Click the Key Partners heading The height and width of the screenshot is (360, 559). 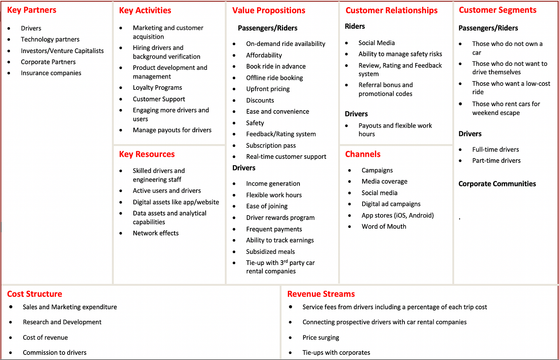32,10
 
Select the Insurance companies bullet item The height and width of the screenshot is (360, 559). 51,73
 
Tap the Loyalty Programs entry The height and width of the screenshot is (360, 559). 157,88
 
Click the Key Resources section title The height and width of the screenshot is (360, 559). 147,154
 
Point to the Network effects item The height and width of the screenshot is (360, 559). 156,233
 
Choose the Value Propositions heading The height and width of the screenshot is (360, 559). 269,10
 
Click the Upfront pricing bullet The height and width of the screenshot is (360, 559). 268,89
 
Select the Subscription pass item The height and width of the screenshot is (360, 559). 271,146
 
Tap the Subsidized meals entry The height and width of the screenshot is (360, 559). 270,252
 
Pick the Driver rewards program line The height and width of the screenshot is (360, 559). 280,218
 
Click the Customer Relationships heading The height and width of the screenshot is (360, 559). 391,10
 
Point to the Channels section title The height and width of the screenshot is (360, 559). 363,154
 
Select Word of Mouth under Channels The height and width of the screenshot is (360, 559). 384,227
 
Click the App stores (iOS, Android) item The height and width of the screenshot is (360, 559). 397,216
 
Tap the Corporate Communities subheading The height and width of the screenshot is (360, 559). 497,184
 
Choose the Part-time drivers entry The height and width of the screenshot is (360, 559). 496,161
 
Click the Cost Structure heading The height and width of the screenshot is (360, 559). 35,294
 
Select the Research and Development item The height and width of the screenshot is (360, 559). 62,322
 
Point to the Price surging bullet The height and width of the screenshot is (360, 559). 321,338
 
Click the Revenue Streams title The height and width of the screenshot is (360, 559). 321,294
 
